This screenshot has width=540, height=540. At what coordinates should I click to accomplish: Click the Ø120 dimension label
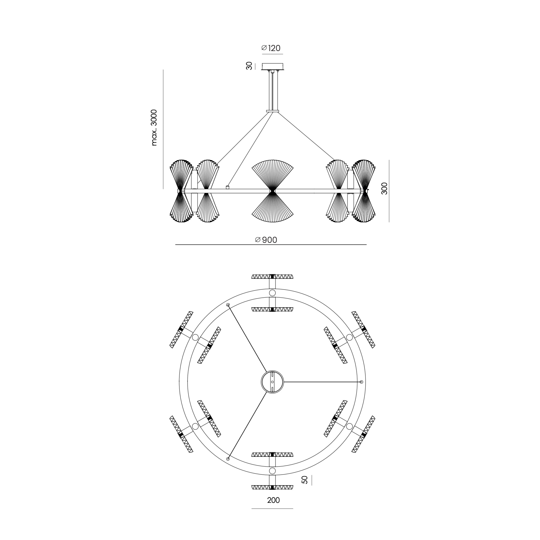(271, 48)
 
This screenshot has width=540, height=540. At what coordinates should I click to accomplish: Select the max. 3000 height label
(154, 128)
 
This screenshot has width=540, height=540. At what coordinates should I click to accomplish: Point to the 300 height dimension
(385, 188)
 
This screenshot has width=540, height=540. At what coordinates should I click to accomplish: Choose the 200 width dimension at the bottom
(273, 500)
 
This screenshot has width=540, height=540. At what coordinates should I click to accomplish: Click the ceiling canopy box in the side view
(273, 67)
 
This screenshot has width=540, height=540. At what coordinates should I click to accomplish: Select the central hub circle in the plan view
(272, 382)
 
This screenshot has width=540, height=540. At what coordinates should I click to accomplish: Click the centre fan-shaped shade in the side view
(273, 191)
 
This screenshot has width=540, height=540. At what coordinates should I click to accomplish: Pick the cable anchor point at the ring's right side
(361, 382)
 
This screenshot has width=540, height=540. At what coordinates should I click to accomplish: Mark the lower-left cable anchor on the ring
(228, 459)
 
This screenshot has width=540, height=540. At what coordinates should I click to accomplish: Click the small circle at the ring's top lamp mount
(272, 293)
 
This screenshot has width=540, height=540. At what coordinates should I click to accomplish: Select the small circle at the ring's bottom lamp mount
(272, 471)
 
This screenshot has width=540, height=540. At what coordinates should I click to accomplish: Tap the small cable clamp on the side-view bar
(227, 187)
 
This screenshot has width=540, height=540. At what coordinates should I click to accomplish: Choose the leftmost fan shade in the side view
(181, 191)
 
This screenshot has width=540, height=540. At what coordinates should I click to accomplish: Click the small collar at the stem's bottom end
(273, 111)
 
